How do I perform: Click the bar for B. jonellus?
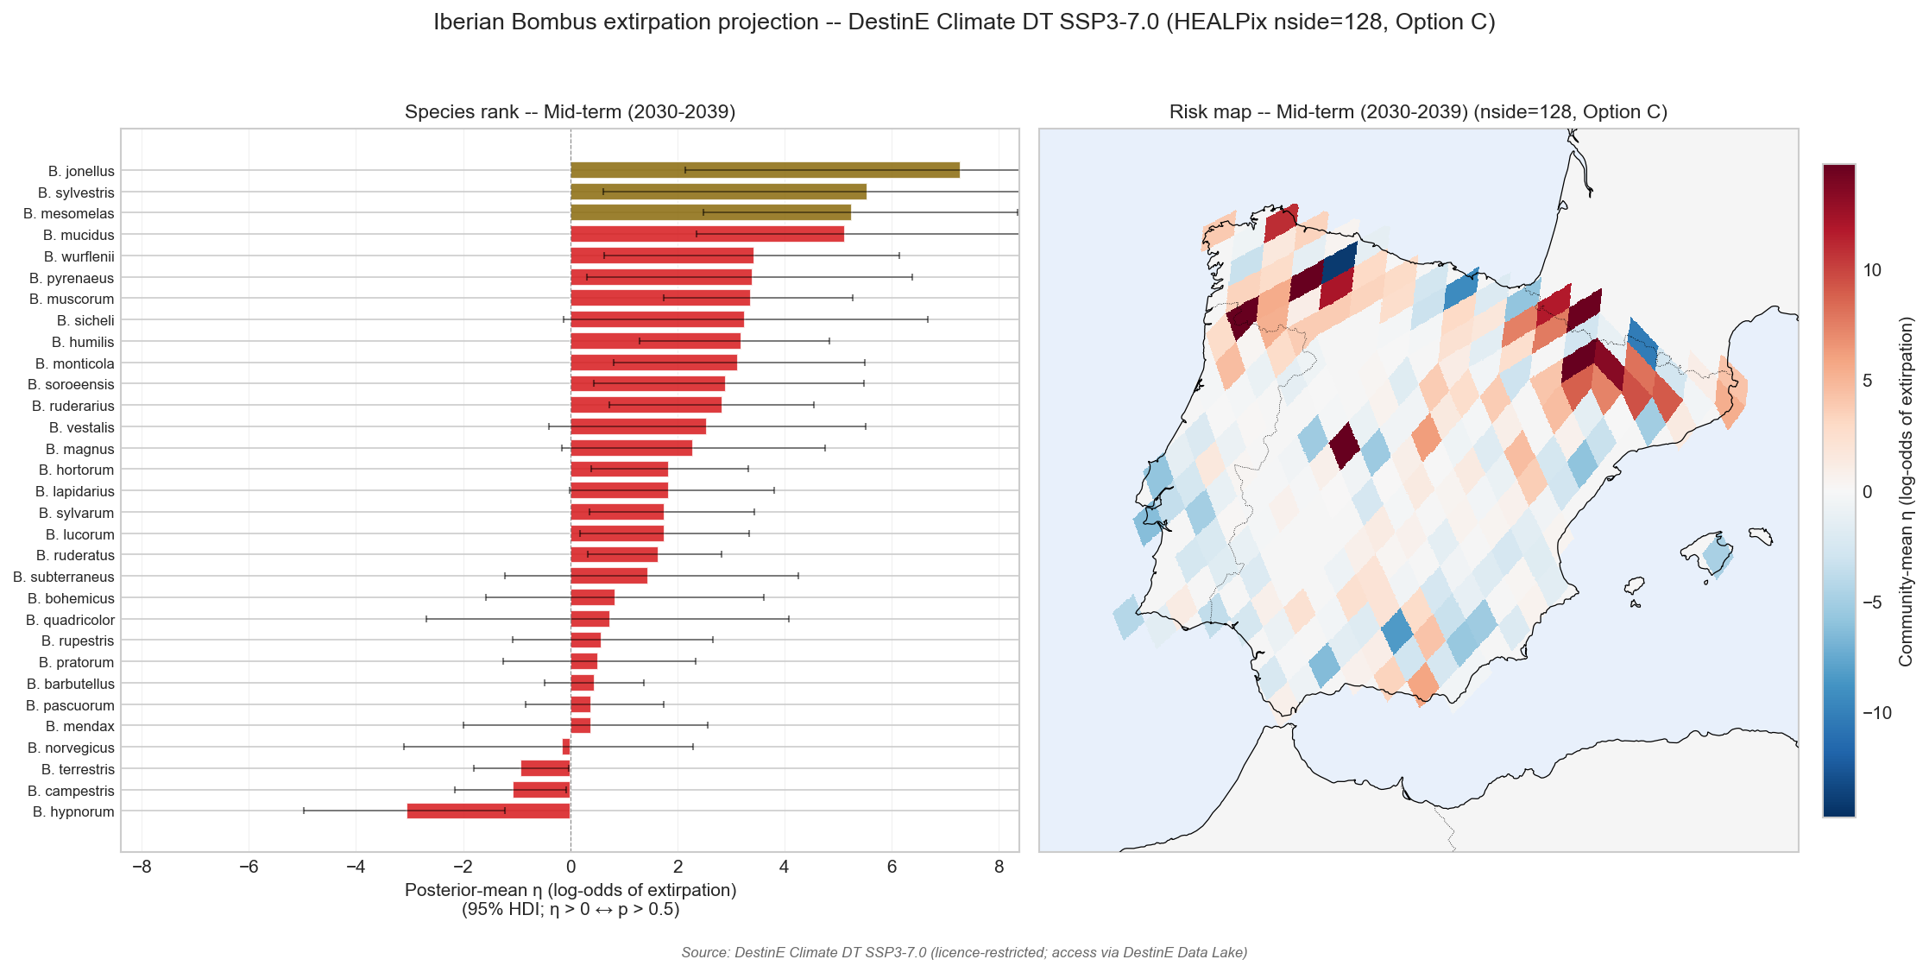coord(765,170)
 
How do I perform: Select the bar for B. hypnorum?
coord(489,811)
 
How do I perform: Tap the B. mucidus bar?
coord(707,234)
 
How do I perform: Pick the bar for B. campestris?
coord(542,790)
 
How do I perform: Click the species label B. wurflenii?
coord(79,256)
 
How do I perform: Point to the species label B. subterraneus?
coord(64,577)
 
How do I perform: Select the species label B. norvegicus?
coord(71,748)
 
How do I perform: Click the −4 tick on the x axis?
coord(356,867)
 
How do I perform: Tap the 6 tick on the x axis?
coord(892,867)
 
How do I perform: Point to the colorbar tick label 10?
coord(1872,270)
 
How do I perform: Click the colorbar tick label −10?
coord(1877,713)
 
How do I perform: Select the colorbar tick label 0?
coord(1868,492)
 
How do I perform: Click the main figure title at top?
coord(964,22)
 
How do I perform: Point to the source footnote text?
coord(964,952)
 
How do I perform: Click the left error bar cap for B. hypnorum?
coord(304,811)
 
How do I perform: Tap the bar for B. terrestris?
coord(545,768)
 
